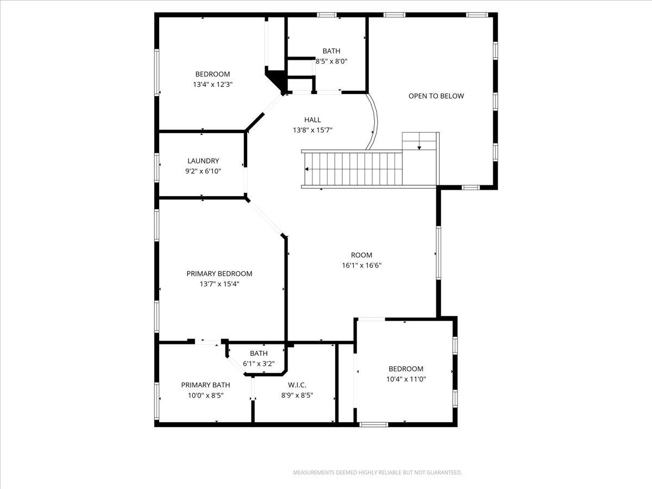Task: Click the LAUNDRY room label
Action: point(203,161)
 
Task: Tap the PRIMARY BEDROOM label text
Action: point(220,274)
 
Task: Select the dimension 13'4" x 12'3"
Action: point(213,84)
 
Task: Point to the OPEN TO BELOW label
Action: point(436,96)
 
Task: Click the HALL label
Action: point(312,120)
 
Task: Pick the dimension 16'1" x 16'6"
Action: point(361,266)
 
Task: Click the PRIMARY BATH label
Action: point(206,385)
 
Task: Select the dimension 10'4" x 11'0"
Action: point(406,379)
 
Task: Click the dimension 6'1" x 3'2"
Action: point(259,364)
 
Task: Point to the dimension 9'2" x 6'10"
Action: point(203,171)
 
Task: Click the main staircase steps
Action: point(353,169)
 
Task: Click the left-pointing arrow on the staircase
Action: point(308,169)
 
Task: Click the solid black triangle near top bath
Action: point(277,79)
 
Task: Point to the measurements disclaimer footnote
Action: point(378,473)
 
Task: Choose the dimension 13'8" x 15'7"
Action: point(312,130)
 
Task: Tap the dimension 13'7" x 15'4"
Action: point(220,284)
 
